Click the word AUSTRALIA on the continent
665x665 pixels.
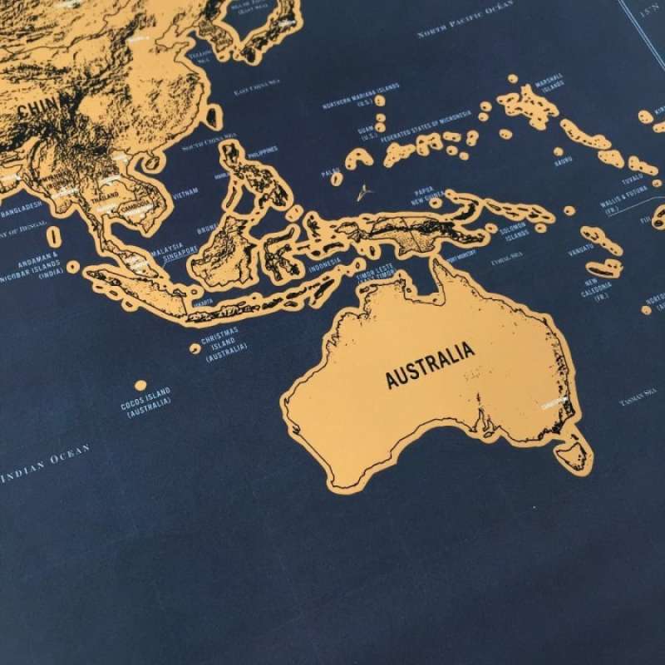point(431,364)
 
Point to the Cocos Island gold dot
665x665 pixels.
point(140,385)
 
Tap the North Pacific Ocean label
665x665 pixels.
point(466,23)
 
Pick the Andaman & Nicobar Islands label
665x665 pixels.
point(38,264)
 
